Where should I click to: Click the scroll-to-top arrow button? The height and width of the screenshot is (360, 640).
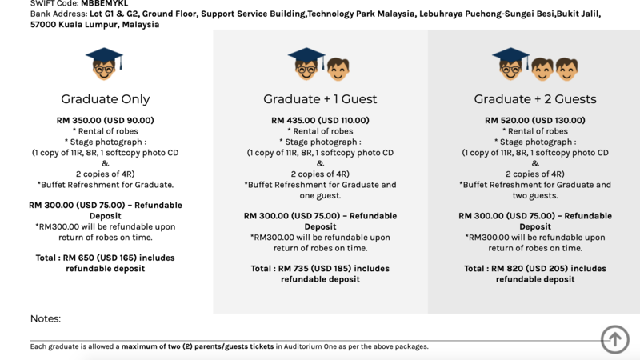pos(615,338)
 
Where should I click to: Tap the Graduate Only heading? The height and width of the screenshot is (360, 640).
pos(106,99)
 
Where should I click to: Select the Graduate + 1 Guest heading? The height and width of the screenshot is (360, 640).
pos(320,99)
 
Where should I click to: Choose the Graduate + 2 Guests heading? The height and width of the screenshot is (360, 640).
pos(535,99)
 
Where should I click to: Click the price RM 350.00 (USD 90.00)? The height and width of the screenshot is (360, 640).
pos(106,120)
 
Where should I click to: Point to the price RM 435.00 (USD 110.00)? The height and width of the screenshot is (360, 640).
pos(320,120)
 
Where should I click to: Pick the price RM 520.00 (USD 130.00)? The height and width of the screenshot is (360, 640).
pos(535,120)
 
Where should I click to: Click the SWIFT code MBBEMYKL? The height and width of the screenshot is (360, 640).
pos(104,4)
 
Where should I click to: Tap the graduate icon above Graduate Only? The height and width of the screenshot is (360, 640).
pos(104,63)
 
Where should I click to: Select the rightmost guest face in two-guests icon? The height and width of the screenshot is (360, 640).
pos(566,69)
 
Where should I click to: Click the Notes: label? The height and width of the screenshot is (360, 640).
pos(46,318)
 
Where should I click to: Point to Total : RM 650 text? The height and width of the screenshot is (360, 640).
pos(106,258)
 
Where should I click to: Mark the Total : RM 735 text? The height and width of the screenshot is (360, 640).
pos(320,269)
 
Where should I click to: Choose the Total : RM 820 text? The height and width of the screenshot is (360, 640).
pos(535,269)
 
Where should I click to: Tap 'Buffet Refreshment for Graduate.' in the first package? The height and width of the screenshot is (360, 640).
pos(106,185)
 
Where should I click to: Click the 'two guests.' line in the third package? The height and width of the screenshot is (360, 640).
pos(535,195)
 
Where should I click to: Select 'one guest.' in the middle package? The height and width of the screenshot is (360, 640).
pos(320,195)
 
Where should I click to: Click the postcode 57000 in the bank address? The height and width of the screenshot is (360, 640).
pos(44,25)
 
